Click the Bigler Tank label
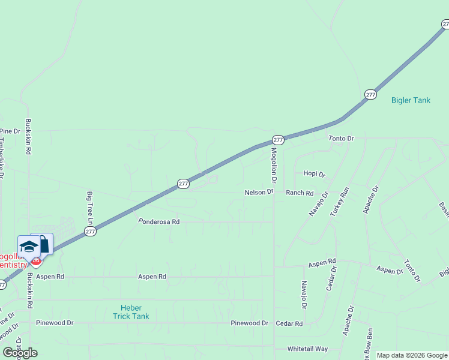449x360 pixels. tap(411, 100)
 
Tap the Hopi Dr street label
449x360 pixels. tap(314, 174)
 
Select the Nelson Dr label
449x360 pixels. tap(259, 193)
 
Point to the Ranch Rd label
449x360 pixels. tap(300, 193)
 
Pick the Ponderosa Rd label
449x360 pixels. tap(159, 221)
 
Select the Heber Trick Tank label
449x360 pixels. tap(131, 311)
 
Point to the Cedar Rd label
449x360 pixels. tap(289, 323)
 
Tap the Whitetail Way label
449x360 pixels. tap(307, 349)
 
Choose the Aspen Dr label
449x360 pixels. tap(390, 271)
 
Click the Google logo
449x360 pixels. tap(20, 353)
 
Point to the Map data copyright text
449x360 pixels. tap(412, 355)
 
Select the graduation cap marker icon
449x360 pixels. tap(29, 246)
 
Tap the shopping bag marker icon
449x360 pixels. tap(43, 243)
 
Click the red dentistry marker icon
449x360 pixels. tap(36, 262)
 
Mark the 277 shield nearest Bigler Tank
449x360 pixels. tap(370, 95)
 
